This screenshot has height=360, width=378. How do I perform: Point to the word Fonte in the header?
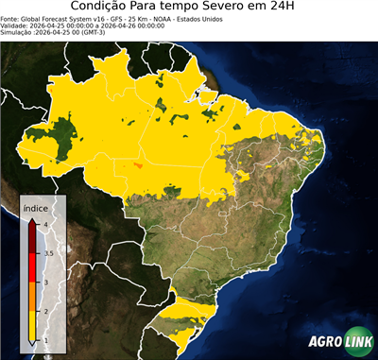[10, 17]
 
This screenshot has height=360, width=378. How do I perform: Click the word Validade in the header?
[14, 25]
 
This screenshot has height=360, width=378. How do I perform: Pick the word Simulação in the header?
[17, 32]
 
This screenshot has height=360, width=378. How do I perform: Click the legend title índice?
[36, 206]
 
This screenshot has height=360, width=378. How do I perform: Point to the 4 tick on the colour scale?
[44, 224]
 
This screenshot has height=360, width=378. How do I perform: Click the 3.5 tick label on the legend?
[47, 253]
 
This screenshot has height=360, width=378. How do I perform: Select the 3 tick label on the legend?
[44, 282]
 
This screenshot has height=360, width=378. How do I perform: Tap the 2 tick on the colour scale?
[44, 311]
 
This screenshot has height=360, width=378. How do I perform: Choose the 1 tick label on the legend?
[44, 340]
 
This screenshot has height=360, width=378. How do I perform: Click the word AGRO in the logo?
[323, 342]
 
